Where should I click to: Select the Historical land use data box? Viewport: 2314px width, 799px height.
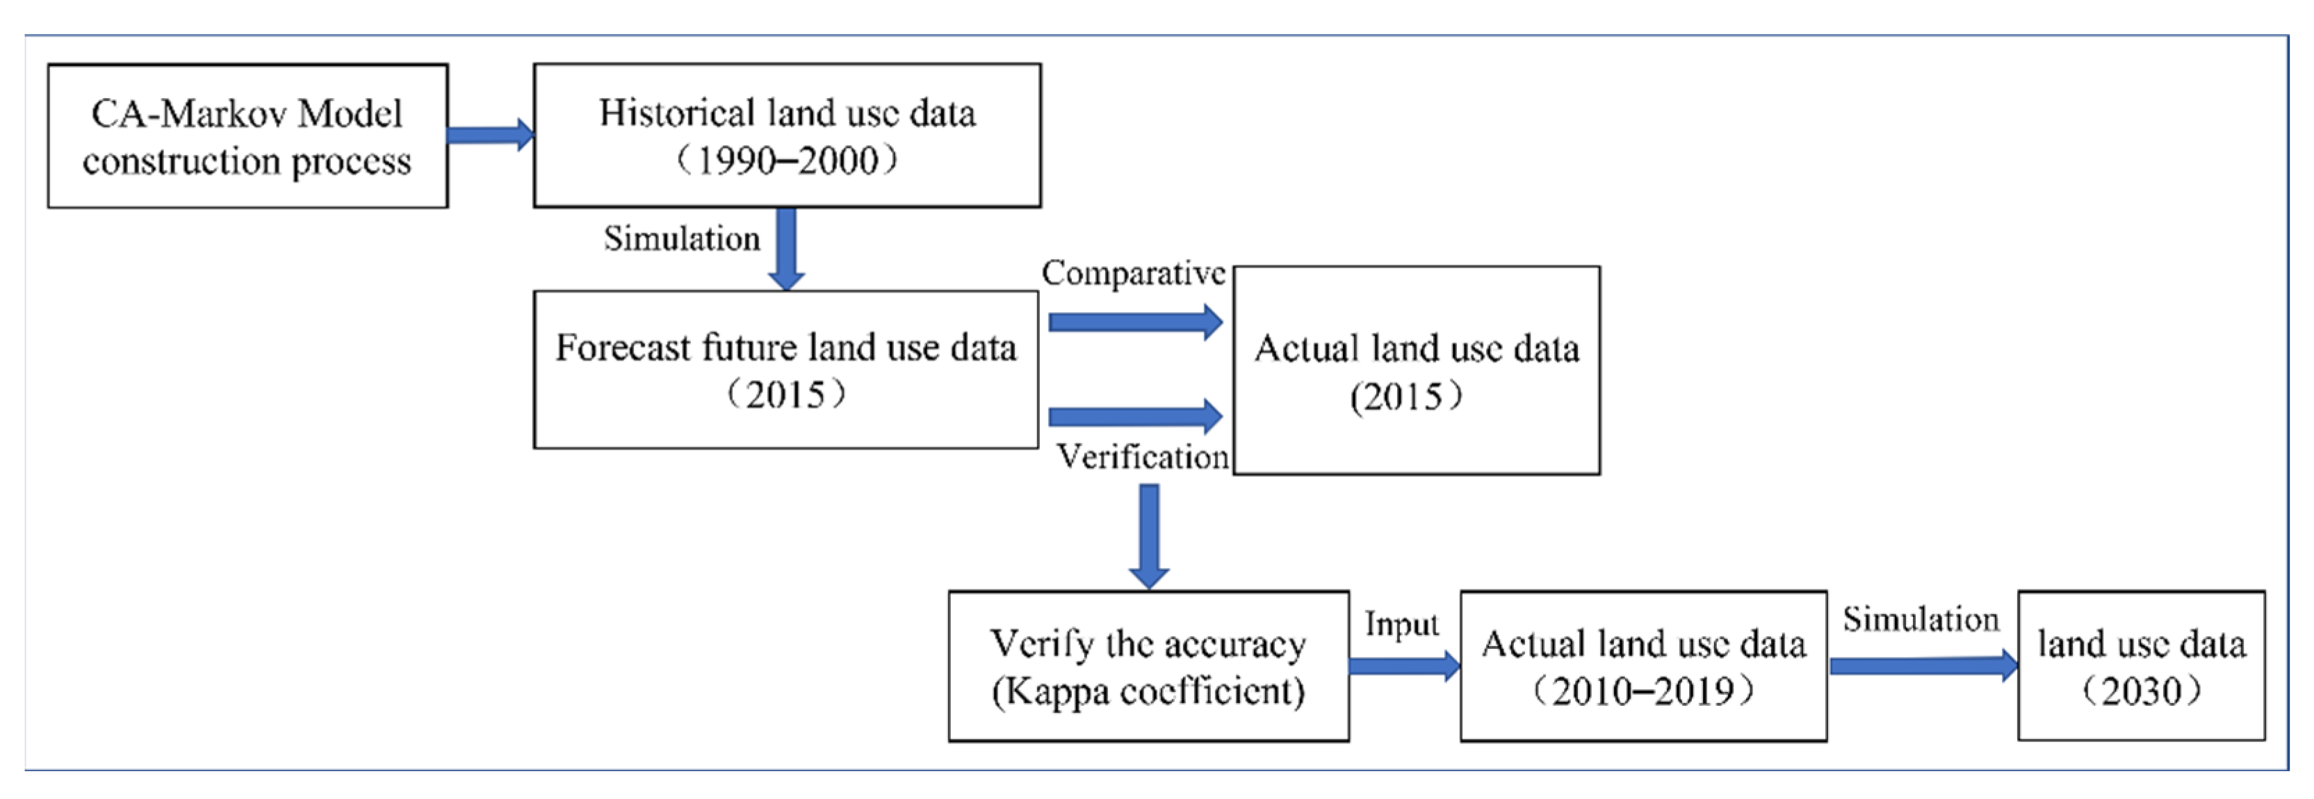[x=787, y=135]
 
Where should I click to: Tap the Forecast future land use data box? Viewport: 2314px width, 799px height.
[x=786, y=369]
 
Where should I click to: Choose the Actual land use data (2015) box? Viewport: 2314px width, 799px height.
[x=1416, y=370]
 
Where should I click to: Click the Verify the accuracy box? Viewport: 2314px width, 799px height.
[x=1148, y=666]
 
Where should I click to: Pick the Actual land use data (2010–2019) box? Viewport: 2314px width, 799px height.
[x=1643, y=666]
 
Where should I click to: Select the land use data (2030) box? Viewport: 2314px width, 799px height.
[x=2141, y=666]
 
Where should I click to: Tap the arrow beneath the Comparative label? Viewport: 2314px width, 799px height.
[x=1134, y=322]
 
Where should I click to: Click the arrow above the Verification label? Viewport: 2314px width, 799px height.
[x=1134, y=415]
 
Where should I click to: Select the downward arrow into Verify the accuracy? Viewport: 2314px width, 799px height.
[x=1149, y=536]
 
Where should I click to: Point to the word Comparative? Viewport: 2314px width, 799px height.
[x=1134, y=273]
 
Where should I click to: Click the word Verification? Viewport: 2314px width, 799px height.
[x=1142, y=457]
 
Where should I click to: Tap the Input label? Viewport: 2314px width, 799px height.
[x=1401, y=624]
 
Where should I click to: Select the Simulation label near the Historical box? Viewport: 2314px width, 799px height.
[x=682, y=239]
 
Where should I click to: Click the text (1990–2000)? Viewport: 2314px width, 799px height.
[x=786, y=160]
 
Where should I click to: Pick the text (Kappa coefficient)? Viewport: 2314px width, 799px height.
[x=1148, y=691]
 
